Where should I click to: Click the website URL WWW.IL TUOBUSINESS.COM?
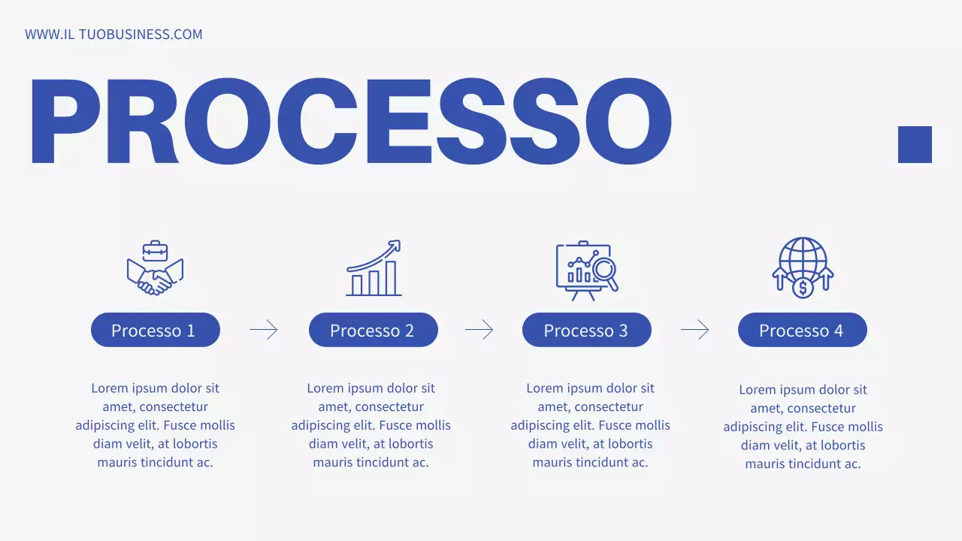pos(113,35)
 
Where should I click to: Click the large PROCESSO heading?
pos(350,122)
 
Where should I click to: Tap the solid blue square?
pos(915,144)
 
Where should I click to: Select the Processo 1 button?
pos(155,330)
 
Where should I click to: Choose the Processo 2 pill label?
pos(373,330)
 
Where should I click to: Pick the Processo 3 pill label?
pos(586,330)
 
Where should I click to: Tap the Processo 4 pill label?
pos(802,330)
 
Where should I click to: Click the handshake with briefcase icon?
pos(155,267)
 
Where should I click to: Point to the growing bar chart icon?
pos(374,268)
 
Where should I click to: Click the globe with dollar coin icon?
pos(803,267)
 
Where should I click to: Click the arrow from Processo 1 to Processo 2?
pos(264,330)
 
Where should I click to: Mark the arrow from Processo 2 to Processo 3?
pos(479,330)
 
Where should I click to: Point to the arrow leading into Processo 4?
pos(695,330)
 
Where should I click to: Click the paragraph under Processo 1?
pos(155,425)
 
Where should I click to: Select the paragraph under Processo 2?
pos(371,425)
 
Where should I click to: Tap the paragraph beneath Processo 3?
pos(590,425)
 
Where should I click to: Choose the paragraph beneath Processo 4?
pos(803,427)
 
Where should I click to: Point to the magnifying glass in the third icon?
pos(605,270)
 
